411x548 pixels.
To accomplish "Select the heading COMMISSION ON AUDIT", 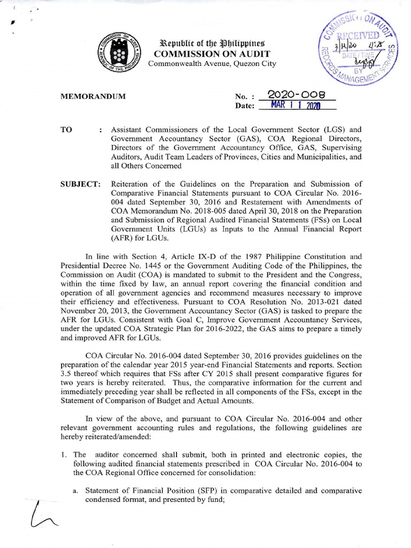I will pos(212,54).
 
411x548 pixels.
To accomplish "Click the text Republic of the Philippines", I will pos(212,43).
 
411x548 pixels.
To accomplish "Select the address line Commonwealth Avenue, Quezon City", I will pos(212,64).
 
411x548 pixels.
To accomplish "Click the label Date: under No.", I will pos(244,106).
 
